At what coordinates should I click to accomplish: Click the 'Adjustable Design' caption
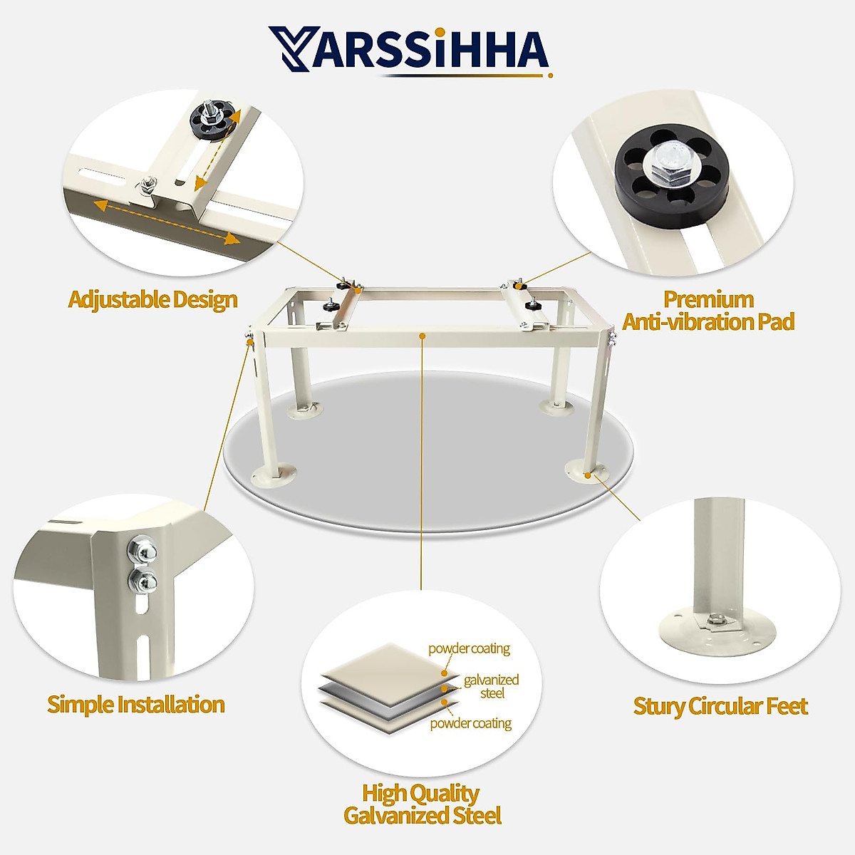coord(152,299)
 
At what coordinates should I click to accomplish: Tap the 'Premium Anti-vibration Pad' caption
coord(708,311)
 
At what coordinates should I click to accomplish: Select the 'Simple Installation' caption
coord(136,705)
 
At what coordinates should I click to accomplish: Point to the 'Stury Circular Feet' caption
coord(720,706)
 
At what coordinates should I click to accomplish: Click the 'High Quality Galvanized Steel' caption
coord(422,804)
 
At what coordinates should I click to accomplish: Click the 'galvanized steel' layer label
coord(491,686)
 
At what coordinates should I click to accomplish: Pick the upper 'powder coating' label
coord(469,648)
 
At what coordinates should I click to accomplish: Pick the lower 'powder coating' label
coord(470,723)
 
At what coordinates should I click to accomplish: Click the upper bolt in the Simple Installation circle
coord(140,550)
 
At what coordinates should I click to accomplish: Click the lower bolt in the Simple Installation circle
coord(143,581)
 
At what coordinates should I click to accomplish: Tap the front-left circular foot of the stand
coord(274,474)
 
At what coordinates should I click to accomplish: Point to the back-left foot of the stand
coord(304,409)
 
